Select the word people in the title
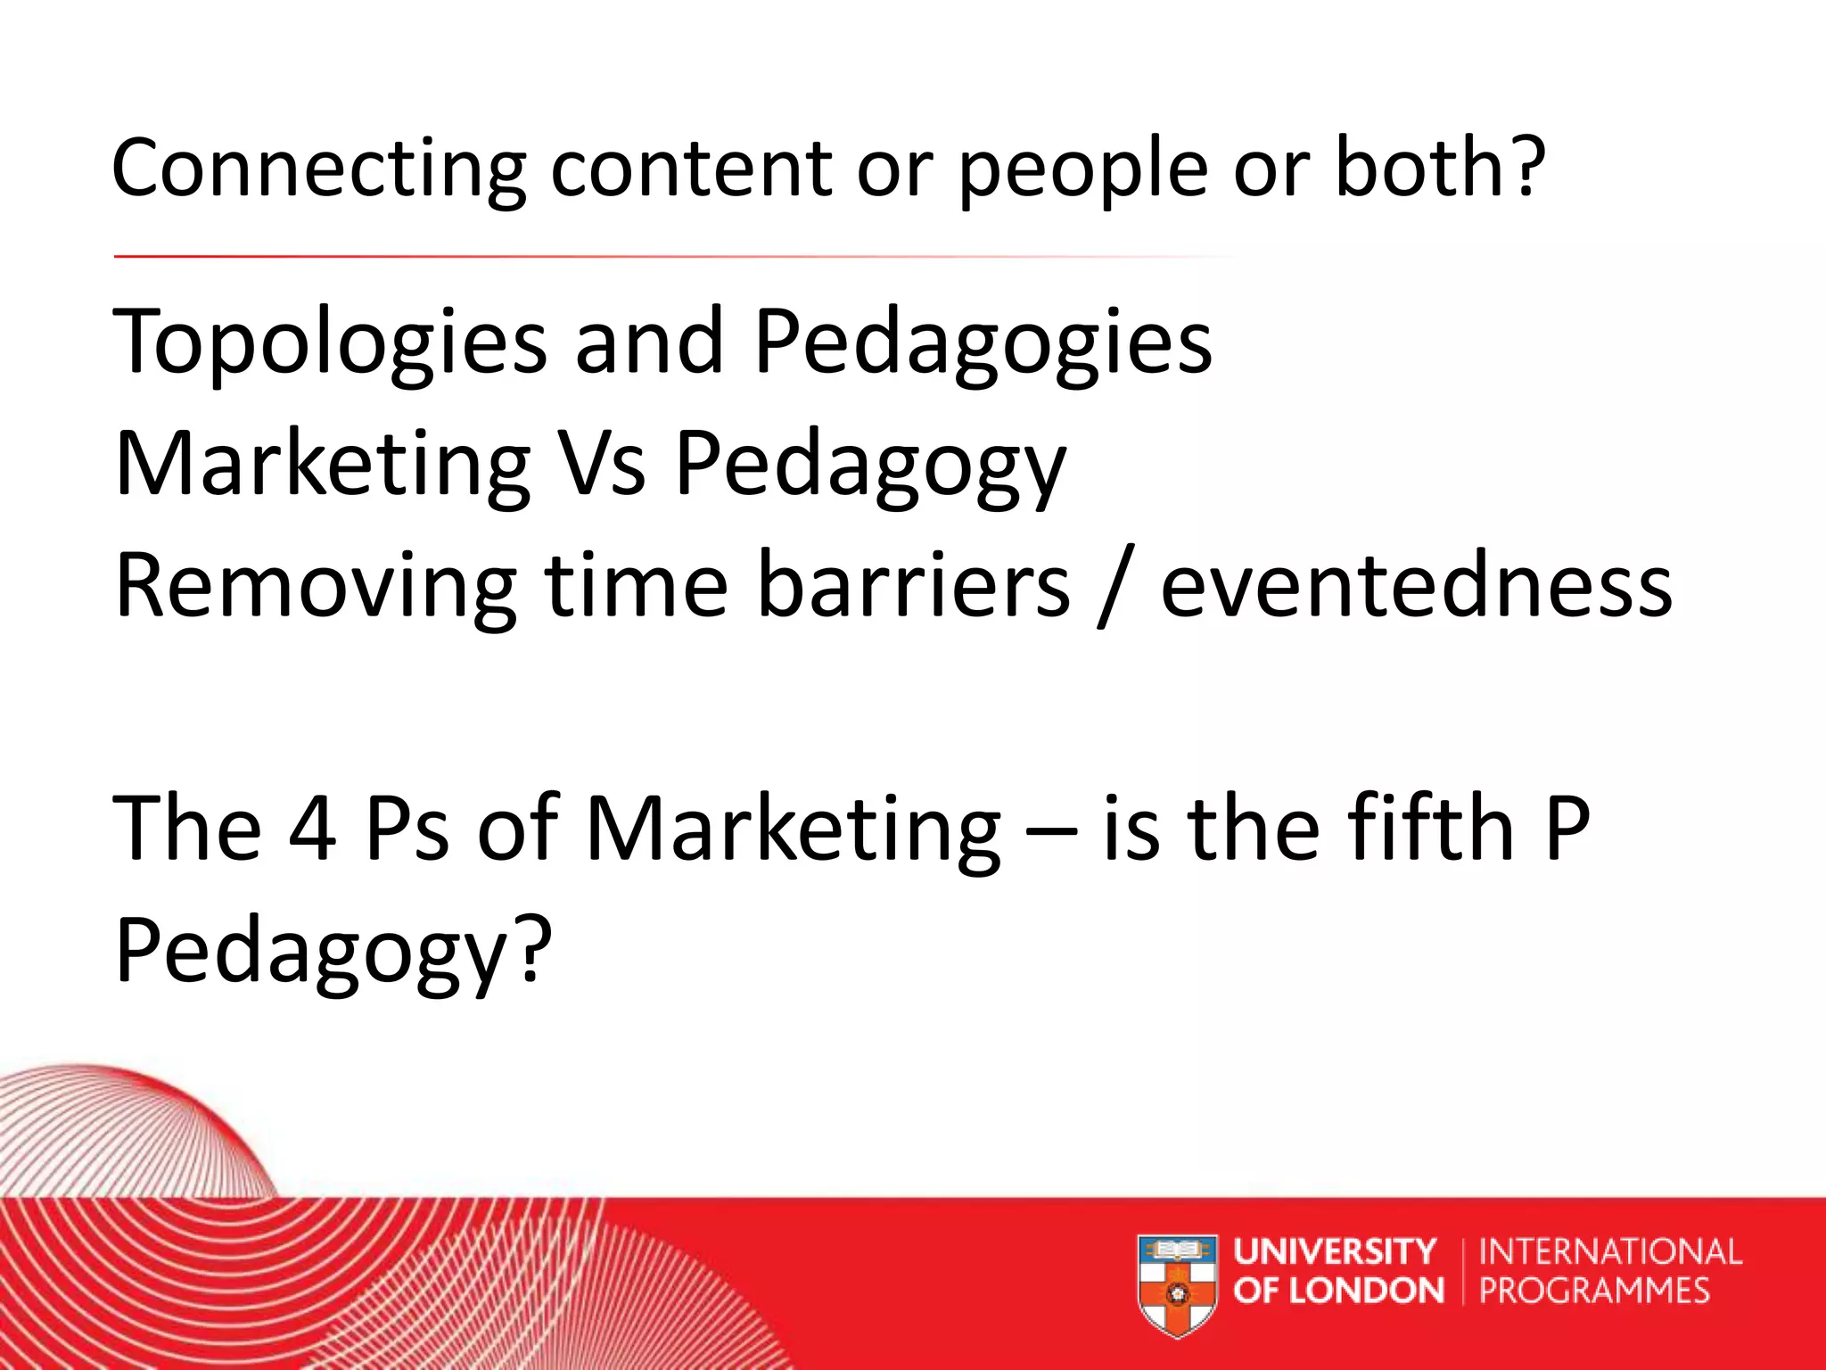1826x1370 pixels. pos(1082,169)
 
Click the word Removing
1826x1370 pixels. pos(316,587)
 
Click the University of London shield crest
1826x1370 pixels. pos(1177,1284)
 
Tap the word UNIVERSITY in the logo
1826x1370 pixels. pos(1335,1252)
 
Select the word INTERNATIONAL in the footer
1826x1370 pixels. pos(1610,1252)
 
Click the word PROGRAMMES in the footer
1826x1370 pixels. pos(1594,1291)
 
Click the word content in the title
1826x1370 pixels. pos(692,169)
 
